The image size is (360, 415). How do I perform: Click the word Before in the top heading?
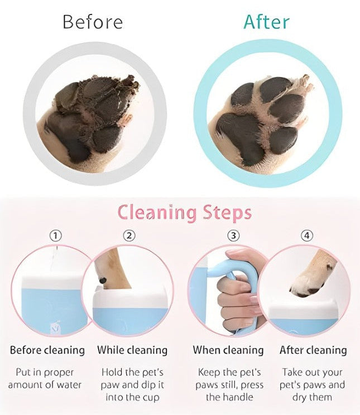92,22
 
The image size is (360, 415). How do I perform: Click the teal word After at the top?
266,22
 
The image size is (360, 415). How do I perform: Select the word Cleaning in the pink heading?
157,213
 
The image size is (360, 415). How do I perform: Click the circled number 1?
55,236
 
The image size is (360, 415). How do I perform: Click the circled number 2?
129,236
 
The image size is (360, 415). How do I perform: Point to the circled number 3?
234,236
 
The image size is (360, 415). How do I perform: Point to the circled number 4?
306,236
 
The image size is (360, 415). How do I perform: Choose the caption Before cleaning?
47,350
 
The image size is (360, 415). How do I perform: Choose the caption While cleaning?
132,350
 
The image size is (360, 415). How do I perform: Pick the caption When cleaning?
228,350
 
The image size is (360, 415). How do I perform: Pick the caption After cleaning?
313,350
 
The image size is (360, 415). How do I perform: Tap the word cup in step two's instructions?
149,397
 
